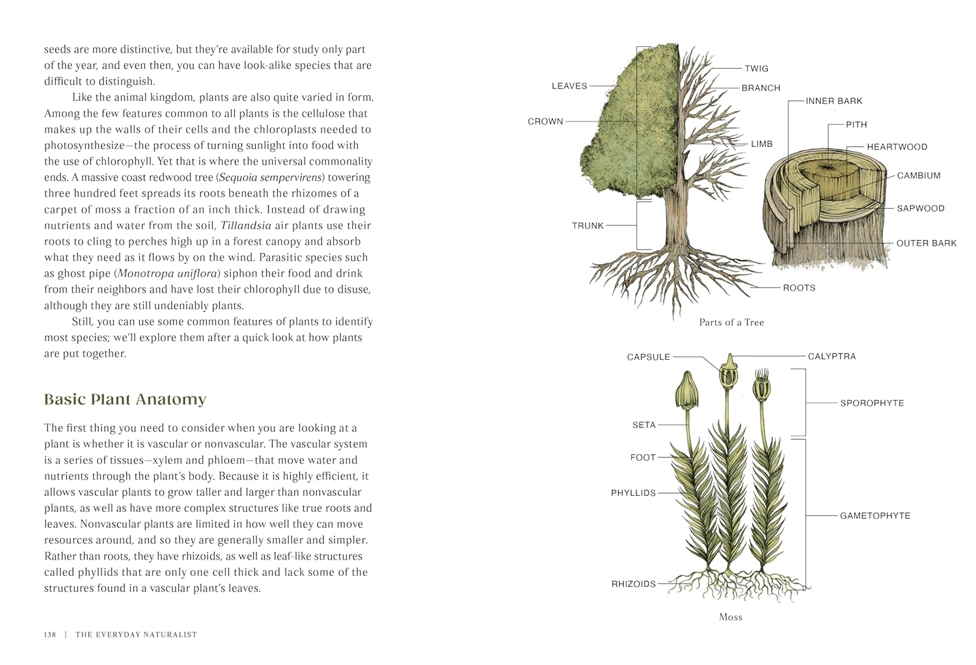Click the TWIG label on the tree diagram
tap(756, 68)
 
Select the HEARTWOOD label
tap(897, 147)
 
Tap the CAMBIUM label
tap(918, 176)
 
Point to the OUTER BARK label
tap(926, 243)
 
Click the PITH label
tap(856, 124)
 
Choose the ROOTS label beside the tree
tap(798, 288)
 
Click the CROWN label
tap(545, 121)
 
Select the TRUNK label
tap(588, 226)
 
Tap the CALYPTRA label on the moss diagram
tap(832, 357)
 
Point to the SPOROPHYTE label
tap(872, 403)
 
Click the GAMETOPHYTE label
tap(874, 516)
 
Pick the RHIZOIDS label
tap(633, 584)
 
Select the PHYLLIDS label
tap(633, 493)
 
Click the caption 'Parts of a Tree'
tap(731, 322)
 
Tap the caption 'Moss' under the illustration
tap(730, 617)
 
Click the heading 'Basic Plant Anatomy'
tap(125, 399)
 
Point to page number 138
tap(50, 634)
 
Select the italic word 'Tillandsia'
tap(246, 226)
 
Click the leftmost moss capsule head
tap(686, 390)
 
